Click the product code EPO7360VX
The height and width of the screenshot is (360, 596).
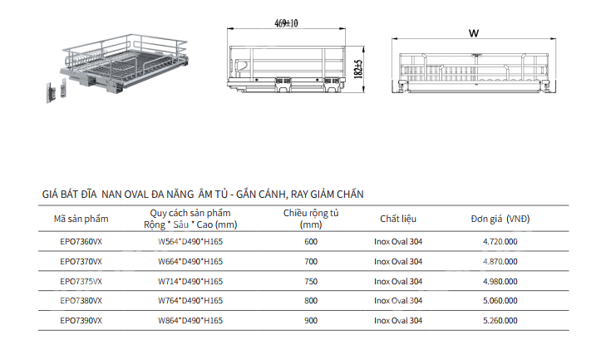[81, 241]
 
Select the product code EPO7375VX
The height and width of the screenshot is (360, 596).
[81, 281]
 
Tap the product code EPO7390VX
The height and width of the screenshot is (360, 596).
[81, 320]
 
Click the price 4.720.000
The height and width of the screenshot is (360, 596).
[500, 241]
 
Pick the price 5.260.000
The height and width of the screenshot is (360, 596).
[500, 320]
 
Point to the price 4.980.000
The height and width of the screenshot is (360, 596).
[500, 281]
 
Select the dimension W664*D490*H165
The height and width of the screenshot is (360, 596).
[190, 261]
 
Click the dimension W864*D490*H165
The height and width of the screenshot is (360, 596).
[190, 320]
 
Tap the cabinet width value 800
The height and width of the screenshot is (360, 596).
[311, 300]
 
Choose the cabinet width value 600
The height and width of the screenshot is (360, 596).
[311, 241]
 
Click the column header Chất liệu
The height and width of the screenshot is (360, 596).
[398, 219]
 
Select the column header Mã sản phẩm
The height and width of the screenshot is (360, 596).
[81, 219]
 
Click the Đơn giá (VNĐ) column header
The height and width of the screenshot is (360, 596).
[500, 219]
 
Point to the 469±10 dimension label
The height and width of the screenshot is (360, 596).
[285, 24]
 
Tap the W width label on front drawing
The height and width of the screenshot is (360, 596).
[473, 34]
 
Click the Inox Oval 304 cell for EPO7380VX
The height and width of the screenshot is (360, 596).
[398, 300]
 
